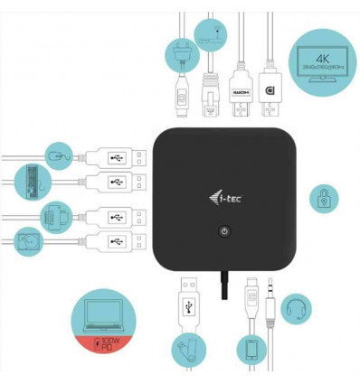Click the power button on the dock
tap(224, 231)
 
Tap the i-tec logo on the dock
tap(223, 192)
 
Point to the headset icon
tap(296, 308)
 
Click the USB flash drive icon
tap(187, 351)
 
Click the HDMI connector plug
tap(239, 96)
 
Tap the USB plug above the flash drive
tap(187, 298)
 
